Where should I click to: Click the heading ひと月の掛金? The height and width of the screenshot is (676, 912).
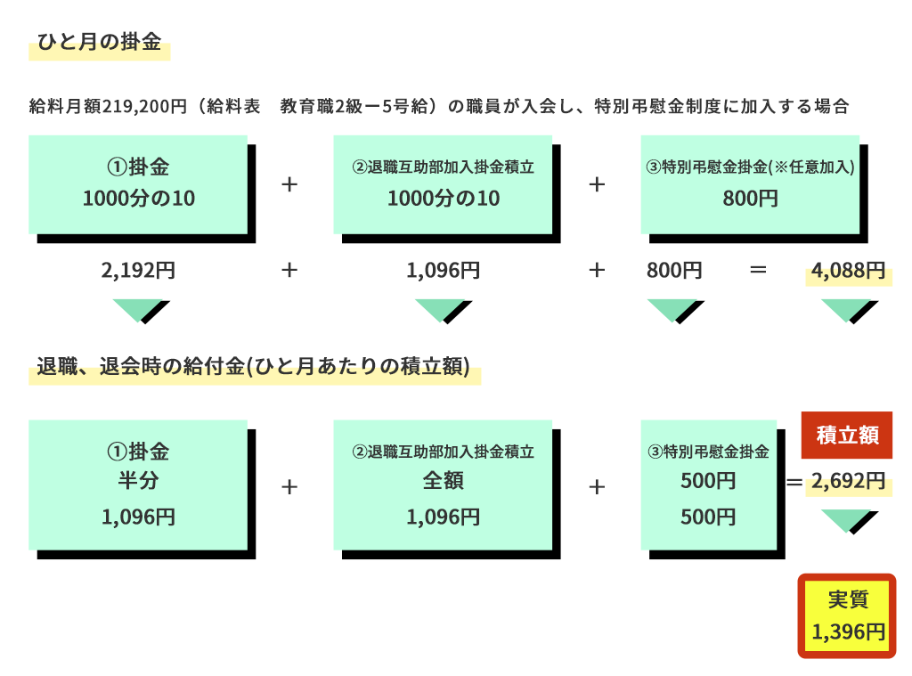pos(99,41)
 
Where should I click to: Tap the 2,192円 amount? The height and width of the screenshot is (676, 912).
pos(138,271)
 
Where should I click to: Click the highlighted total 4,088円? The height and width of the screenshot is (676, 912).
pos(848,271)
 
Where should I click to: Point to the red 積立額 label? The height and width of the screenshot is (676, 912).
pos(847,436)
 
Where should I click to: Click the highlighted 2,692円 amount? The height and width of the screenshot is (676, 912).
pos(848,481)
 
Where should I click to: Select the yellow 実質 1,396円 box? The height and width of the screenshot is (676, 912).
pos(847,616)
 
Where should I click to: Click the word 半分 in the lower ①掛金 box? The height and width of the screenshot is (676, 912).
pos(138,481)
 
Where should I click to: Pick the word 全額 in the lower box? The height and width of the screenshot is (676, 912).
pos(444,481)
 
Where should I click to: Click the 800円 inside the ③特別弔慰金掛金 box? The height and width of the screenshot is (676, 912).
pos(750,199)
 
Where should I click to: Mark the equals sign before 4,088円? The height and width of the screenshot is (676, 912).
pos(758,270)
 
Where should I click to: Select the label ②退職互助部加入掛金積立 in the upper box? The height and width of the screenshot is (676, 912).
pos(444,167)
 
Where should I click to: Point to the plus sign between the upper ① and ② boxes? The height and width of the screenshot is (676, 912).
pos(289,184)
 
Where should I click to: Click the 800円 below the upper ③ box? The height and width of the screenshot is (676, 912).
pos(675,271)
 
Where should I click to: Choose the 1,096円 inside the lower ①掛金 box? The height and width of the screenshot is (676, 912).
pos(138,517)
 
